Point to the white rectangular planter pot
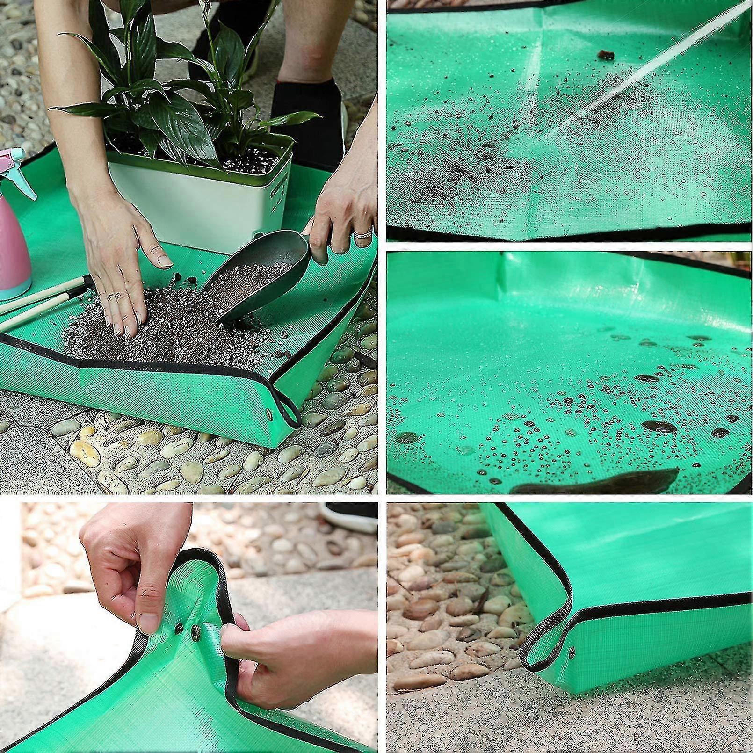196,206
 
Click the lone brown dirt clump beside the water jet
605,56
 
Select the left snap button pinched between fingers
180,627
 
